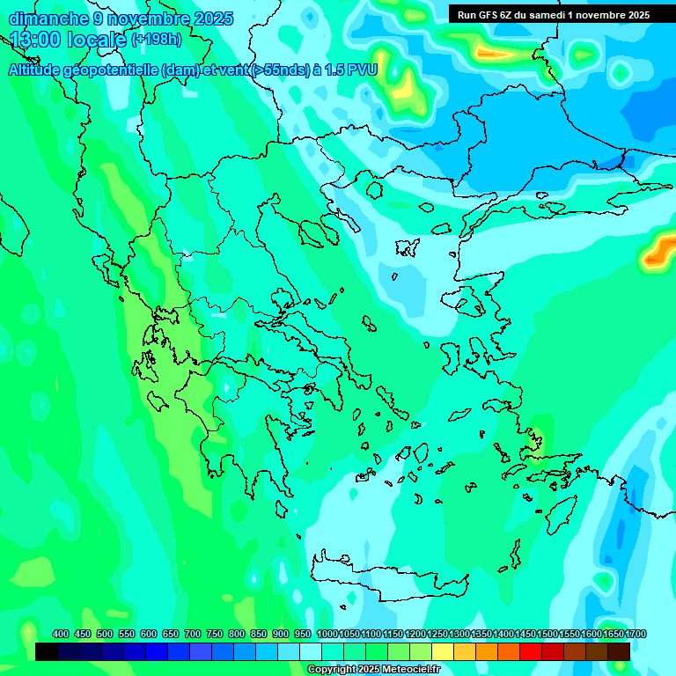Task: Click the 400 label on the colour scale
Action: [x=61, y=634]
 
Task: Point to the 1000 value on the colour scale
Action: [x=327, y=634]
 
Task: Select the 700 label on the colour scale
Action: [x=193, y=634]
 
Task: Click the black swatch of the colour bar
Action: [x=47, y=651]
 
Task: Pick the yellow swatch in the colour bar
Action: [x=443, y=651]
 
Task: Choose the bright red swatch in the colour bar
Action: [x=531, y=651]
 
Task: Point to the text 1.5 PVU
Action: [x=350, y=70]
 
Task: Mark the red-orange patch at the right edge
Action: [x=659, y=250]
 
